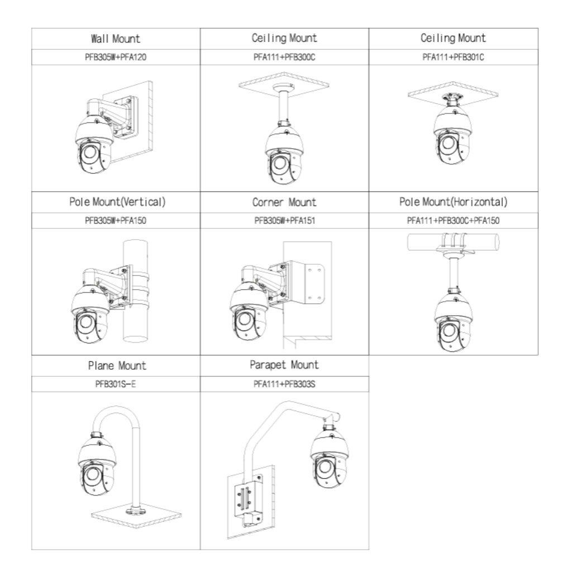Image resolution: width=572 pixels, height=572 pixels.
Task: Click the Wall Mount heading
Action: coord(116,39)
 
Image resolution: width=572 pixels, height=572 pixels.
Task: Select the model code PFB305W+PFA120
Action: coord(116,58)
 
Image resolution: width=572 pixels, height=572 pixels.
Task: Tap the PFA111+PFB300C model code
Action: coord(284,58)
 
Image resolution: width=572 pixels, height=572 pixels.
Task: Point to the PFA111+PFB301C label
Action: coord(454,58)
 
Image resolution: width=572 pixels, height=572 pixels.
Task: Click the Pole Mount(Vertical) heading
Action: coord(117,202)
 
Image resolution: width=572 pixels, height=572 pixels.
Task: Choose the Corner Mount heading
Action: coord(284,202)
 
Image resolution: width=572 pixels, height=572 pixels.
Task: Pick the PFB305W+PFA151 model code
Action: coord(284,221)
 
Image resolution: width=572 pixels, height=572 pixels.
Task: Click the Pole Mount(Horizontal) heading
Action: coord(454,202)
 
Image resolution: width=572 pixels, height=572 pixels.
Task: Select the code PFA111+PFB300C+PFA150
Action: coord(454,221)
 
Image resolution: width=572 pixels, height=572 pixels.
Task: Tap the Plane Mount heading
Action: coord(117,365)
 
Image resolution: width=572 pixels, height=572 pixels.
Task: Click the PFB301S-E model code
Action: coord(116,384)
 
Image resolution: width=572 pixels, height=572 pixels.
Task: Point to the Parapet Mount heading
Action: coord(284,365)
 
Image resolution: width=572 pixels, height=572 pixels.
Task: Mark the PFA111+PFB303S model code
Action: coord(284,384)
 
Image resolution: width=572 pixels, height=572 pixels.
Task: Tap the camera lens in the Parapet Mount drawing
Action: coord(325,467)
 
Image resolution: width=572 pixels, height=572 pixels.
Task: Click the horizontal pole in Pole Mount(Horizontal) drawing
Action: coord(454,242)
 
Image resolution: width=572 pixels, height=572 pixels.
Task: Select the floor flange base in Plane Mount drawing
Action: coord(136,512)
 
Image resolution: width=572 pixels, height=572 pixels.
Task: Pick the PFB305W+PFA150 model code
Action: coord(116,221)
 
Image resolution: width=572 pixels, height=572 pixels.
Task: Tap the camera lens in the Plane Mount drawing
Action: coord(92,474)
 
